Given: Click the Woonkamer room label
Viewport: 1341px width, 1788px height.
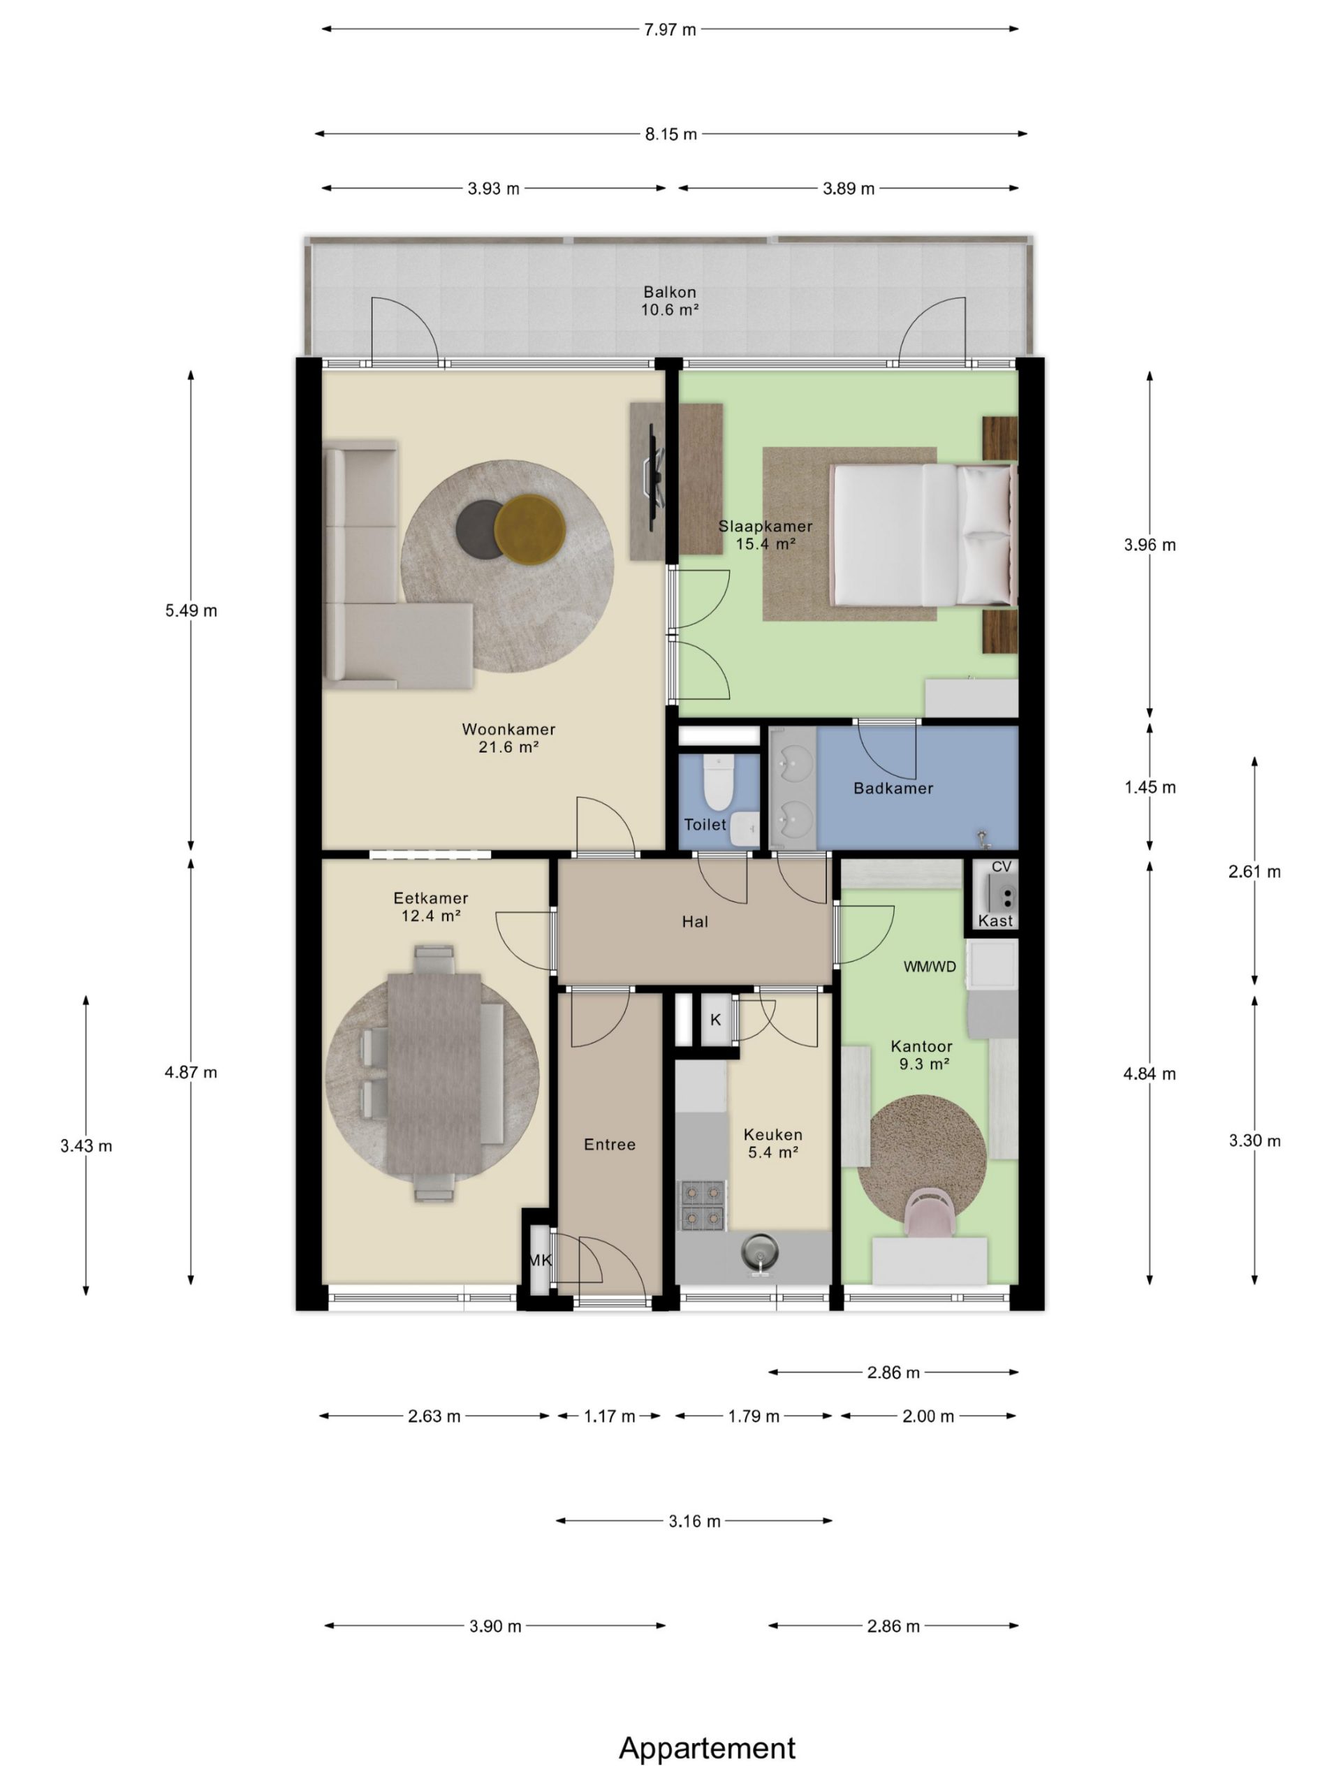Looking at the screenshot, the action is (x=508, y=729).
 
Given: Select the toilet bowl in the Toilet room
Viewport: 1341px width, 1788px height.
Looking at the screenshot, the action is (x=717, y=782).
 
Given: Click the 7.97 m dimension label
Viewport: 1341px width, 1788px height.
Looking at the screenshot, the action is (x=670, y=30).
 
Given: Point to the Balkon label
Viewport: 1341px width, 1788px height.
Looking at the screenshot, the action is (x=669, y=292).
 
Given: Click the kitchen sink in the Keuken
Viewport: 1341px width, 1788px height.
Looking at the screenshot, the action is (x=760, y=1254).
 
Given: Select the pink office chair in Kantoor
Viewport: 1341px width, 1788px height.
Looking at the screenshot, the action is (x=930, y=1213).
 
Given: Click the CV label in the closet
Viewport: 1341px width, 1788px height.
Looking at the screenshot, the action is (x=1002, y=867).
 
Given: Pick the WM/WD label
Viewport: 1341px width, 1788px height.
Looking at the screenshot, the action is (x=930, y=967).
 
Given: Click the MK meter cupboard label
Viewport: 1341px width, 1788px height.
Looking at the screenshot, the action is (x=540, y=1260).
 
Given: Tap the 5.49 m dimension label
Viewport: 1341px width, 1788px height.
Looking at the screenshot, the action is (x=191, y=611).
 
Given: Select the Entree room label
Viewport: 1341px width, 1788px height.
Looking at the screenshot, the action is (x=610, y=1145).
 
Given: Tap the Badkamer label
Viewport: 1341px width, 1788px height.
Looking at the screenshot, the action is (x=893, y=788).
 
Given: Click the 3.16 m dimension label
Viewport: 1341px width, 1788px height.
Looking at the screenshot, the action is (x=694, y=1521).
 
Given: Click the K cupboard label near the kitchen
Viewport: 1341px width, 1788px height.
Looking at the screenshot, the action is (x=715, y=1020).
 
